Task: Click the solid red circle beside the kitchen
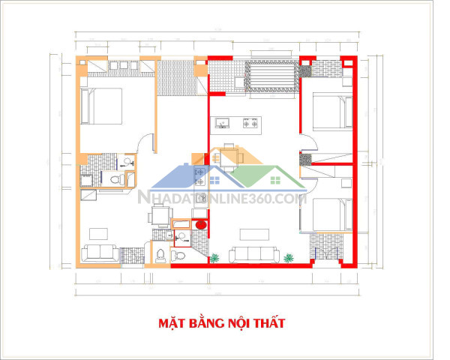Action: click(199, 225)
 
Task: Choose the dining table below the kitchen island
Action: click(227, 157)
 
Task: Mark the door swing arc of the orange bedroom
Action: click(149, 142)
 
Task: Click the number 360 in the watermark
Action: click(257, 199)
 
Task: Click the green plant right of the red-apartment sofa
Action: click(288, 258)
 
